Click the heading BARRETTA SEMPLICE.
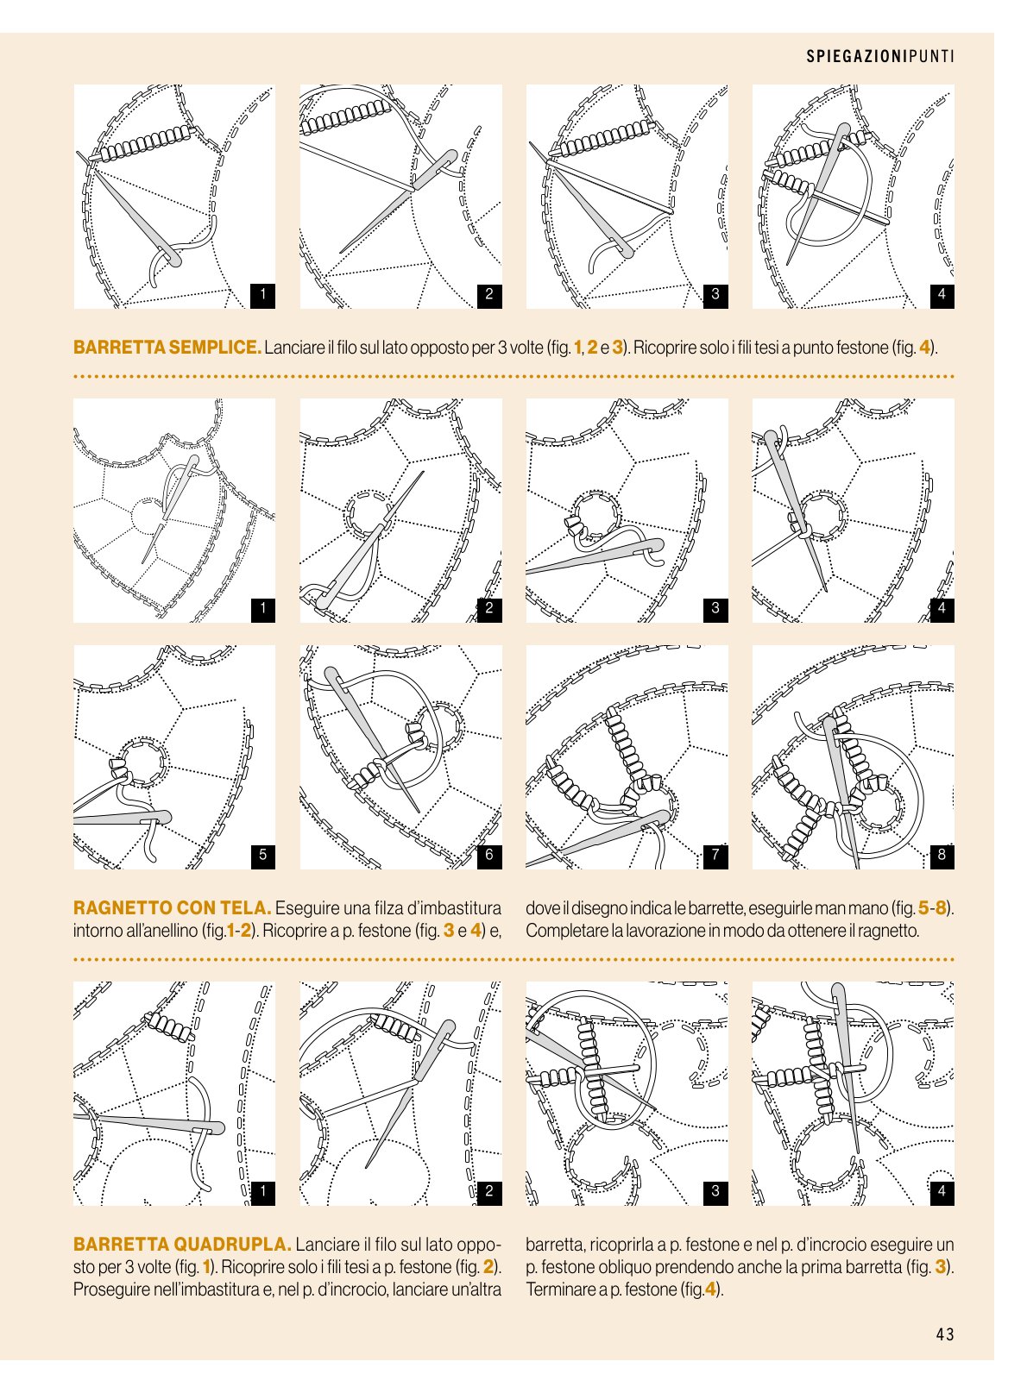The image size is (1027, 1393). click(167, 347)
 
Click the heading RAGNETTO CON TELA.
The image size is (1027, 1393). click(172, 908)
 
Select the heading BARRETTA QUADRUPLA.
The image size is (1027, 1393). click(182, 1245)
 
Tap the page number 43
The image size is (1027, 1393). click(944, 1334)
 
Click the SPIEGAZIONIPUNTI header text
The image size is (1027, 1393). click(880, 57)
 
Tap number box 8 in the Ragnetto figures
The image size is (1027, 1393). click(942, 855)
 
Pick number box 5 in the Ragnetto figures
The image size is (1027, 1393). click(262, 855)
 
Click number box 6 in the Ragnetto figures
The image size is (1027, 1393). click(489, 855)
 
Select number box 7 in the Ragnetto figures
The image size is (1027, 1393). click(715, 855)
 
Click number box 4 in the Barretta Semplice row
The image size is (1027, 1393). click(942, 294)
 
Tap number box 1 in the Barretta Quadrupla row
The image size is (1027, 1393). click(262, 1191)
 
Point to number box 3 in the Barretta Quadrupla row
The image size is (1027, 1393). click(715, 1191)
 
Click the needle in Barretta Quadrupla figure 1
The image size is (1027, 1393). click(149, 1123)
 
